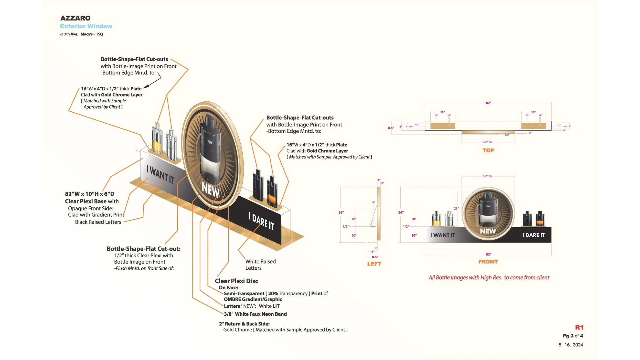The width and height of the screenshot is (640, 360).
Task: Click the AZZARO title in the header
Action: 75,18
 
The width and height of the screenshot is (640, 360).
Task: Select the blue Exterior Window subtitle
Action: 86,26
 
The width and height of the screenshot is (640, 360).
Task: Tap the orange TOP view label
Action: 488,151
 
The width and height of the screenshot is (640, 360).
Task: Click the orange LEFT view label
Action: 374,264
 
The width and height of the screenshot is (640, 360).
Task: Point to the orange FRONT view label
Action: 488,262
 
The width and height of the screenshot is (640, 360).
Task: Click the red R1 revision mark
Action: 579,327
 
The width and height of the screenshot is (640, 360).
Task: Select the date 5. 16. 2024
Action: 571,345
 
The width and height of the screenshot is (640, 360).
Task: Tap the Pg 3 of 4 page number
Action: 573,336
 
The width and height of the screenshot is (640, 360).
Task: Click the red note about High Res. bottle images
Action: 489,278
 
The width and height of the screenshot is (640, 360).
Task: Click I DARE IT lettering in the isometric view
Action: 261,221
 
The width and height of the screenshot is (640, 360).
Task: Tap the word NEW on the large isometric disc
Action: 210,190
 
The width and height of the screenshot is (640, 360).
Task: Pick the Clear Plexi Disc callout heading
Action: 236,281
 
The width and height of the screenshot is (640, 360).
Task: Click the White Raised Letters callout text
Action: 260,265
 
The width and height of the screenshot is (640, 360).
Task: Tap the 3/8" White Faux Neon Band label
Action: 255,314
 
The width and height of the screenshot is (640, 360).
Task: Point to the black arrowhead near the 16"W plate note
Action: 145,87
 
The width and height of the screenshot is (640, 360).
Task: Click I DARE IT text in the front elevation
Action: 533,235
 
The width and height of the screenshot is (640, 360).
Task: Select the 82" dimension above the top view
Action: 488,103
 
